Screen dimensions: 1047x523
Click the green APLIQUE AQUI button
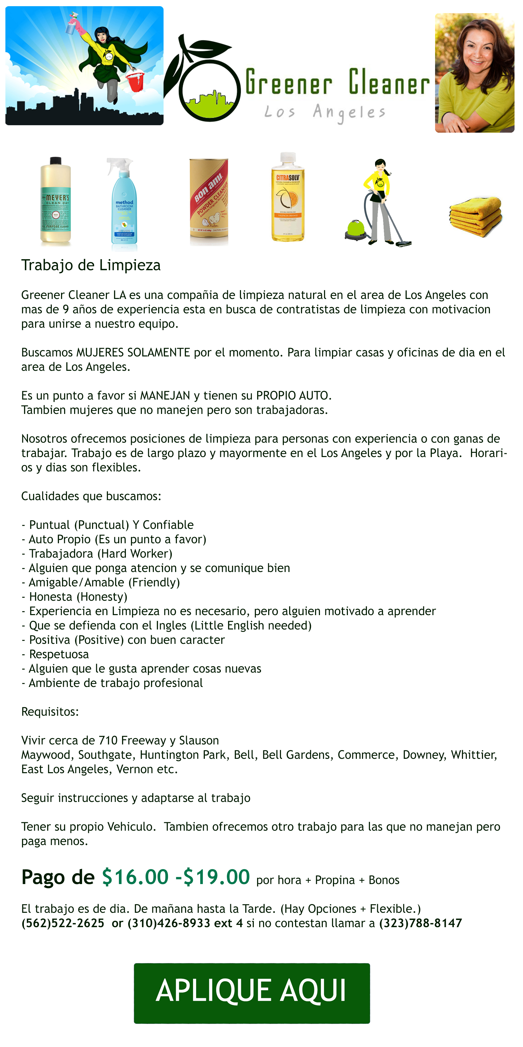coord(252,993)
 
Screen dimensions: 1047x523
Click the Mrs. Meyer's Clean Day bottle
coord(56,201)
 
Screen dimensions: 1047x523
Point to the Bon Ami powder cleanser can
coord(209,202)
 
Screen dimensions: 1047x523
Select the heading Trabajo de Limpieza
coord(91,265)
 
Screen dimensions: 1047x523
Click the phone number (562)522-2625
coord(63,923)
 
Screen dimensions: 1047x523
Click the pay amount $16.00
coord(135,877)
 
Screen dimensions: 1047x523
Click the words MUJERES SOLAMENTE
coord(133,352)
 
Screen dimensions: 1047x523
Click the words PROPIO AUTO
coord(292,395)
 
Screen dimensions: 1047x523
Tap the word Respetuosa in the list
coord(59,654)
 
